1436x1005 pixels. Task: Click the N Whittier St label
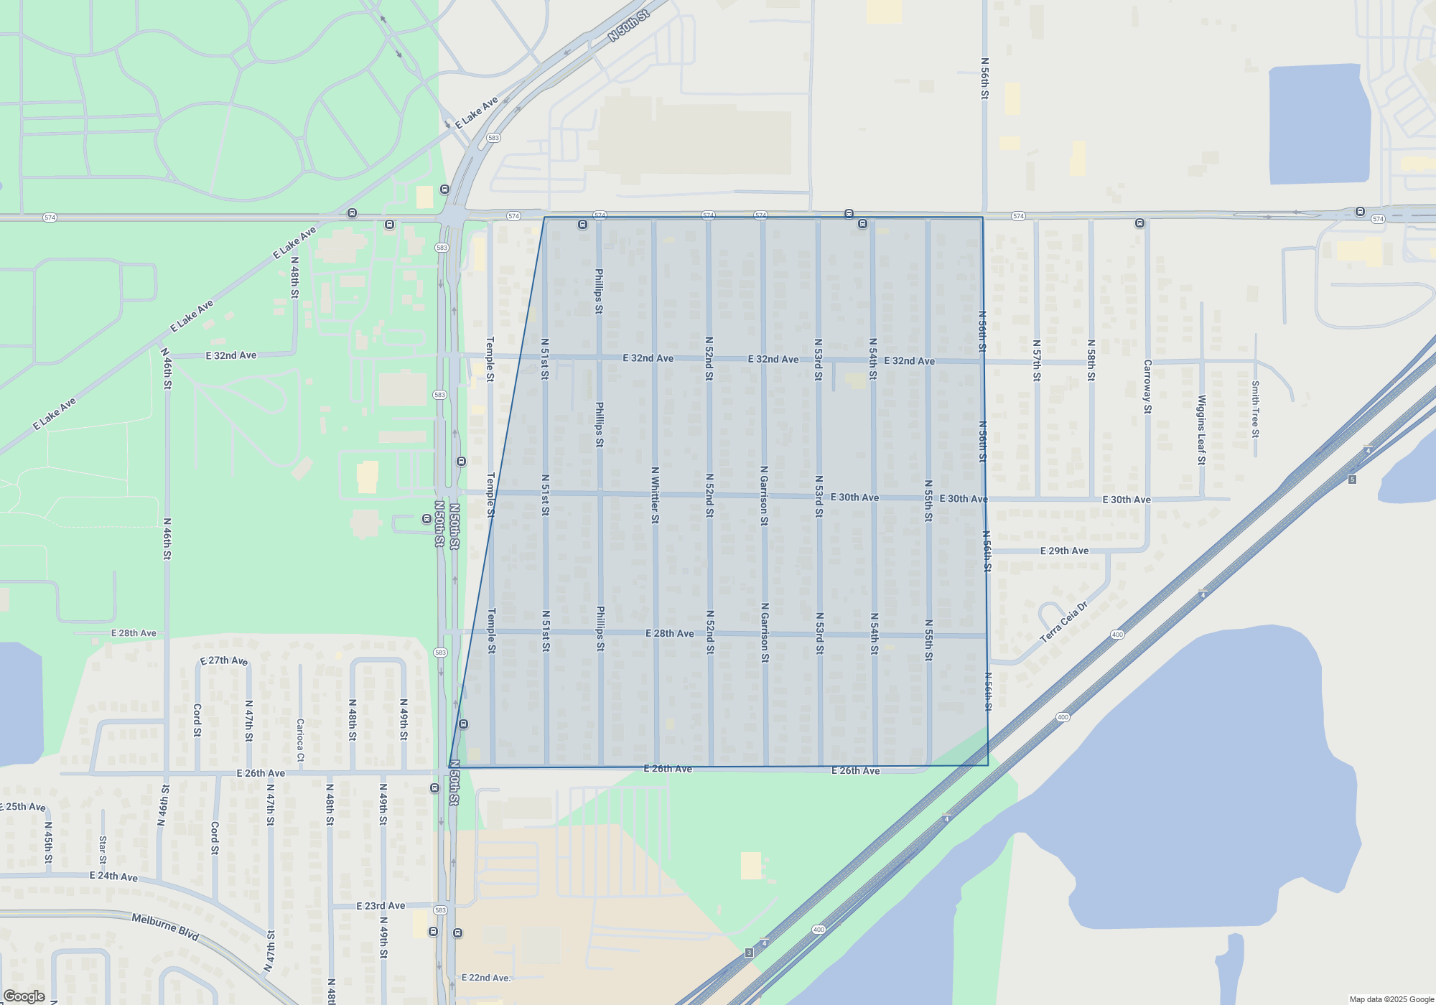(655, 495)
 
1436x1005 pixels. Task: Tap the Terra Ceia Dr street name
(1064, 622)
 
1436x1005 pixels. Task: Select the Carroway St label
(1147, 386)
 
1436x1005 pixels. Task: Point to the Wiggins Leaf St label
(1201, 429)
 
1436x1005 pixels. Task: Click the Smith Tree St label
(1255, 408)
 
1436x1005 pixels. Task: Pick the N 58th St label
(1091, 360)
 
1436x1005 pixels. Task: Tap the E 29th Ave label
(1064, 551)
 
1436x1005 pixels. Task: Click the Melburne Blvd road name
(165, 927)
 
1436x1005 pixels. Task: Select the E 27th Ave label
(224, 660)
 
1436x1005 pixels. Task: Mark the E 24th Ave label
(113, 877)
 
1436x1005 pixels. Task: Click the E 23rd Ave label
(381, 906)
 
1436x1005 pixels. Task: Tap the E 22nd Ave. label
(486, 978)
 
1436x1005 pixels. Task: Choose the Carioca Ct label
(300, 739)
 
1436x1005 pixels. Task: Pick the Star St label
(103, 850)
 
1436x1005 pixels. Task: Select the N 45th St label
(48, 842)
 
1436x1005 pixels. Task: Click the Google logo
(24, 996)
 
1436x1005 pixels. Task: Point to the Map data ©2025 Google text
(1391, 999)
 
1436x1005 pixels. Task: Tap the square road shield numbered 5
(1352, 480)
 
